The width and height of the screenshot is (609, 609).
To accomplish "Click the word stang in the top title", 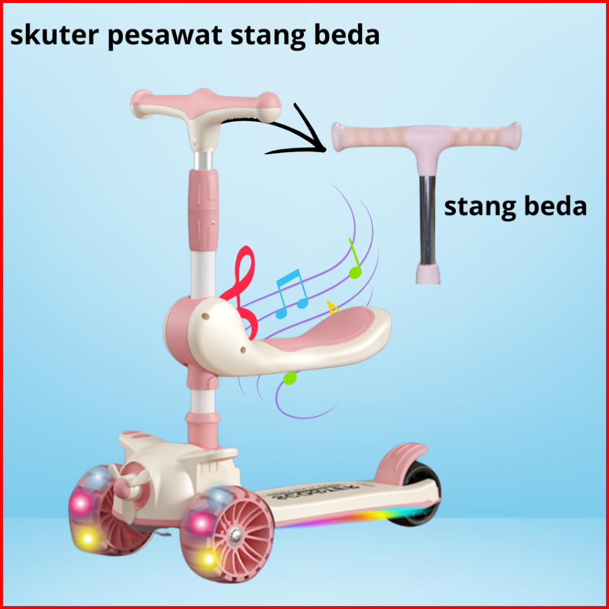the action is (267, 37).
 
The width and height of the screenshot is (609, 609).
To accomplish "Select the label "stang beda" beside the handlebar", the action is (515, 207).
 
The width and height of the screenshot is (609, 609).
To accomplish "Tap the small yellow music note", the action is (333, 307).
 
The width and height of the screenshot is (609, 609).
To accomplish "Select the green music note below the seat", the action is (289, 378).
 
